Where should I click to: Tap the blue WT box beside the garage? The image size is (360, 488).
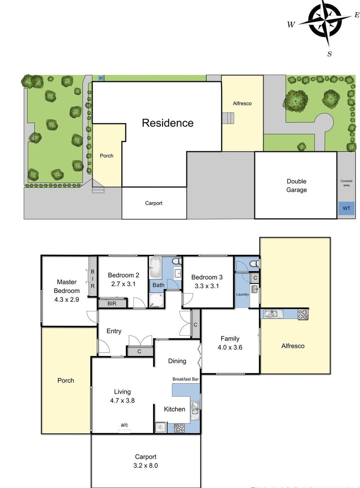pyautogui.click(x=346, y=208)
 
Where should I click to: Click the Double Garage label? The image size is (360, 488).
pyautogui.click(x=296, y=185)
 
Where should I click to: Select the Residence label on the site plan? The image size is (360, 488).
pyautogui.click(x=167, y=123)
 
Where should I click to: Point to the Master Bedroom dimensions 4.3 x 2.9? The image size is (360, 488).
pyautogui.click(x=66, y=299)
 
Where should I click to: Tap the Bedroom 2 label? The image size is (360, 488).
pyautogui.click(x=123, y=275)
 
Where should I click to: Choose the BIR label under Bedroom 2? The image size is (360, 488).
pyautogui.click(x=112, y=303)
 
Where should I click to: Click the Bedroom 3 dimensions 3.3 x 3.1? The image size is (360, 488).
pyautogui.click(x=207, y=286)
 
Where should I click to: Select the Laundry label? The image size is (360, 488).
pyautogui.click(x=242, y=294)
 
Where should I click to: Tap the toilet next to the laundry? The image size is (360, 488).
pyautogui.click(x=254, y=264)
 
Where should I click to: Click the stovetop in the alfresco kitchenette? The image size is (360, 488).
pyautogui.click(x=303, y=314)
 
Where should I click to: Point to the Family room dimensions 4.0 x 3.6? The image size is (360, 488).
pyautogui.click(x=230, y=347)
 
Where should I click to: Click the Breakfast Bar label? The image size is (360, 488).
pyautogui.click(x=185, y=379)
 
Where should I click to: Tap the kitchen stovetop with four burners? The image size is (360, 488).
pyautogui.click(x=180, y=428)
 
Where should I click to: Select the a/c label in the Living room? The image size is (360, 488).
pyautogui.click(x=124, y=425)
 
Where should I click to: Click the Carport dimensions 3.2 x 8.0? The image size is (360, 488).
pyautogui.click(x=145, y=466)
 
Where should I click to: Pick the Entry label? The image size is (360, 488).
pyautogui.click(x=114, y=331)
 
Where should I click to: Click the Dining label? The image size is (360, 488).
pyautogui.click(x=177, y=361)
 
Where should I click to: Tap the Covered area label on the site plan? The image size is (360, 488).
pyautogui.click(x=346, y=183)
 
